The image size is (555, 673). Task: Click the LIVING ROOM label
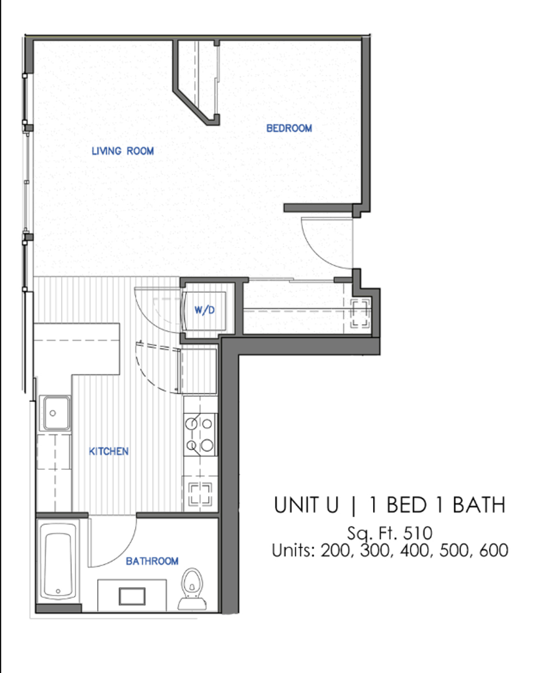point(123,151)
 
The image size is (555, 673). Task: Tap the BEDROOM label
point(289,128)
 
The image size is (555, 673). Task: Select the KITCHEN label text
point(108,452)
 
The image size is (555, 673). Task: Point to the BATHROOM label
point(152,561)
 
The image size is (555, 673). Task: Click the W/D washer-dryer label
point(204,310)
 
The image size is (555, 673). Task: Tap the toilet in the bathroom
point(192,588)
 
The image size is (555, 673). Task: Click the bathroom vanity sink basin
point(132,596)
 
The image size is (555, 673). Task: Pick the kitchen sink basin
point(55,413)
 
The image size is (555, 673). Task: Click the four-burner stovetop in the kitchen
point(201,434)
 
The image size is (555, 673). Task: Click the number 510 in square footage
point(417,533)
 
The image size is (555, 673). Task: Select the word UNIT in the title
point(306,505)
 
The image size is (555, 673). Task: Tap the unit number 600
point(494,550)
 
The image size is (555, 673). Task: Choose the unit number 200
point(336,550)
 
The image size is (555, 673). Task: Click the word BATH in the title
point(479,505)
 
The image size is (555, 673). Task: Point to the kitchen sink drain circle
point(52,413)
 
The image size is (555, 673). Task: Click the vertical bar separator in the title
point(353,505)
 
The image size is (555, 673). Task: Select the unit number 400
point(415,550)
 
